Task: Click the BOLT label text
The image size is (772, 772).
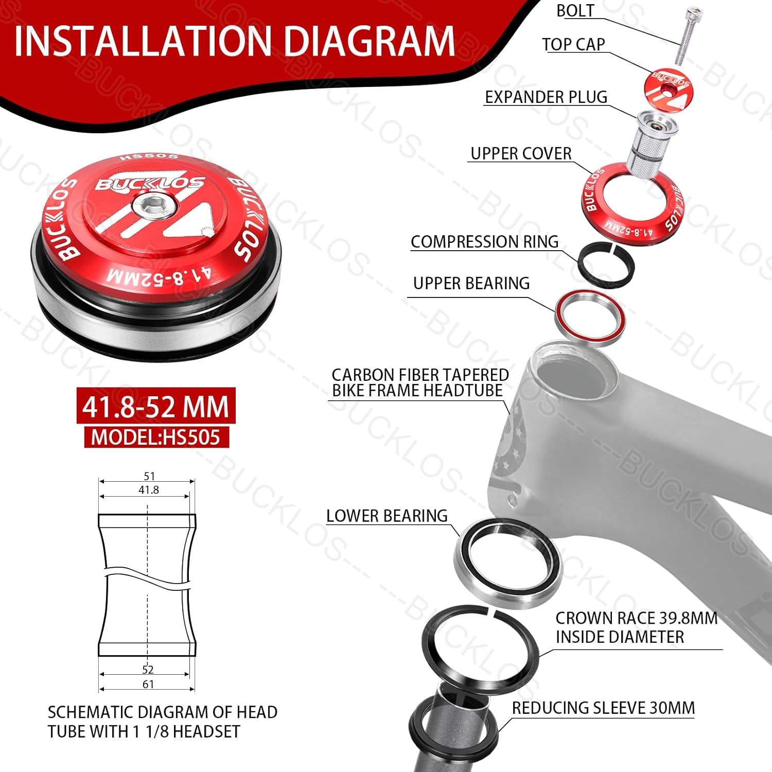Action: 575,11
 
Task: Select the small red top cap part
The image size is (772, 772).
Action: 668,85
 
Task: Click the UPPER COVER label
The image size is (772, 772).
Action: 521,153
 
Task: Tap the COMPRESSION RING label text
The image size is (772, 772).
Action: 484,241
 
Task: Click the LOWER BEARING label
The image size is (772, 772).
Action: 387,516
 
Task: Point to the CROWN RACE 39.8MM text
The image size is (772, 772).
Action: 636,618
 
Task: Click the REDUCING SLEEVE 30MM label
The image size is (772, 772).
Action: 603,708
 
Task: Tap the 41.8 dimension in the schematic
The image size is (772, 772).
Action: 148,490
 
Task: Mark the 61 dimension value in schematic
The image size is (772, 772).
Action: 148,684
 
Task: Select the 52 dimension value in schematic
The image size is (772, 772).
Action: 148,669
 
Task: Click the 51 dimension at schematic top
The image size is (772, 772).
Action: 149,476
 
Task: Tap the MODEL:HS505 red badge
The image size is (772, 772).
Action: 156,437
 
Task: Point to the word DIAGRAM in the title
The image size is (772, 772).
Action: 370,41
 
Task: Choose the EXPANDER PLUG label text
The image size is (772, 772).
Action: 546,97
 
